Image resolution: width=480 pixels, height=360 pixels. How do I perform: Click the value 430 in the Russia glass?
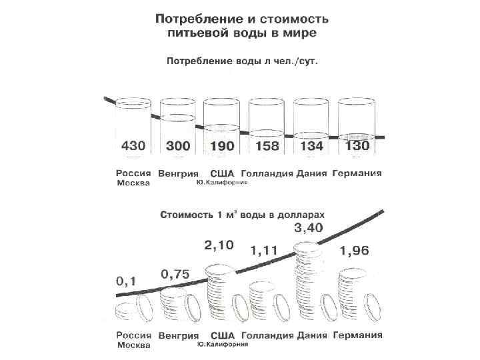[x=133, y=145]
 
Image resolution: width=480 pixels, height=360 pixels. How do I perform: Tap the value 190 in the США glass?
[x=222, y=145]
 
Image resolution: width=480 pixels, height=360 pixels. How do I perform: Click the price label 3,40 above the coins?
[x=310, y=229]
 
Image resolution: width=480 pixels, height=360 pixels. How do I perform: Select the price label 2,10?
[x=219, y=245]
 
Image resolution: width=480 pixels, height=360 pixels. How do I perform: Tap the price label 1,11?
[x=264, y=251]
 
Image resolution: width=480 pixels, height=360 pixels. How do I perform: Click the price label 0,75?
[x=175, y=273]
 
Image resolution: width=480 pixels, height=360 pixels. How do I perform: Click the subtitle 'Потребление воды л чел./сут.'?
[x=241, y=60]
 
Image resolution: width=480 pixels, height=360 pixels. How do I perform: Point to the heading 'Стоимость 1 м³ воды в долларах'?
[x=243, y=215]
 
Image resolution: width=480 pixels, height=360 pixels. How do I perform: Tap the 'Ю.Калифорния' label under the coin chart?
[x=223, y=345]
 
